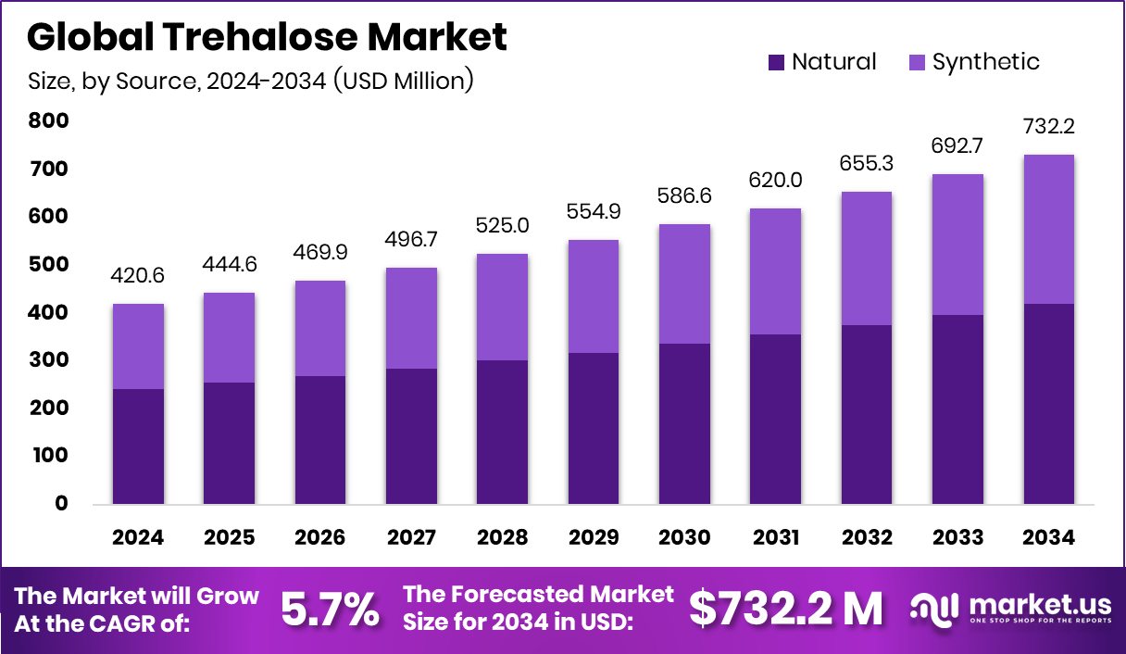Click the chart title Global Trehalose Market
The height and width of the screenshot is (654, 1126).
pyautogui.click(x=267, y=37)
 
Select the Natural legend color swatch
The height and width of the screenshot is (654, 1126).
pyautogui.click(x=777, y=62)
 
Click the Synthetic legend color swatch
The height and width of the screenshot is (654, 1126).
pyautogui.click(x=917, y=62)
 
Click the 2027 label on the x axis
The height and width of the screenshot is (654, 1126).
pyautogui.click(x=411, y=537)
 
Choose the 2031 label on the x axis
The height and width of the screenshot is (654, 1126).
pyautogui.click(x=774, y=537)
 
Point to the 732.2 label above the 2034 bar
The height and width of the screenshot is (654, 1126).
pyautogui.click(x=1048, y=126)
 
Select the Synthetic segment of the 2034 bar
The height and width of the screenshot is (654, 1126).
pyautogui.click(x=1048, y=229)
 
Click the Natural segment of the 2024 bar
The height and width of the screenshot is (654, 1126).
pyautogui.click(x=139, y=446)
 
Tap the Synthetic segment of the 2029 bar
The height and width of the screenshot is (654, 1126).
pyautogui.click(x=593, y=296)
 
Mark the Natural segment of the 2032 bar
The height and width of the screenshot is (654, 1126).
pyautogui.click(x=865, y=414)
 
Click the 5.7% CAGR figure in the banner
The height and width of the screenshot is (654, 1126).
pyautogui.click(x=330, y=609)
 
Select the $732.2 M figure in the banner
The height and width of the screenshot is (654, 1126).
pyautogui.click(x=785, y=609)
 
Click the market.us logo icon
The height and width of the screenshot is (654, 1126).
pyautogui.click(x=933, y=609)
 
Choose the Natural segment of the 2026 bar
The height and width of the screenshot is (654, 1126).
pyautogui.click(x=320, y=439)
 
